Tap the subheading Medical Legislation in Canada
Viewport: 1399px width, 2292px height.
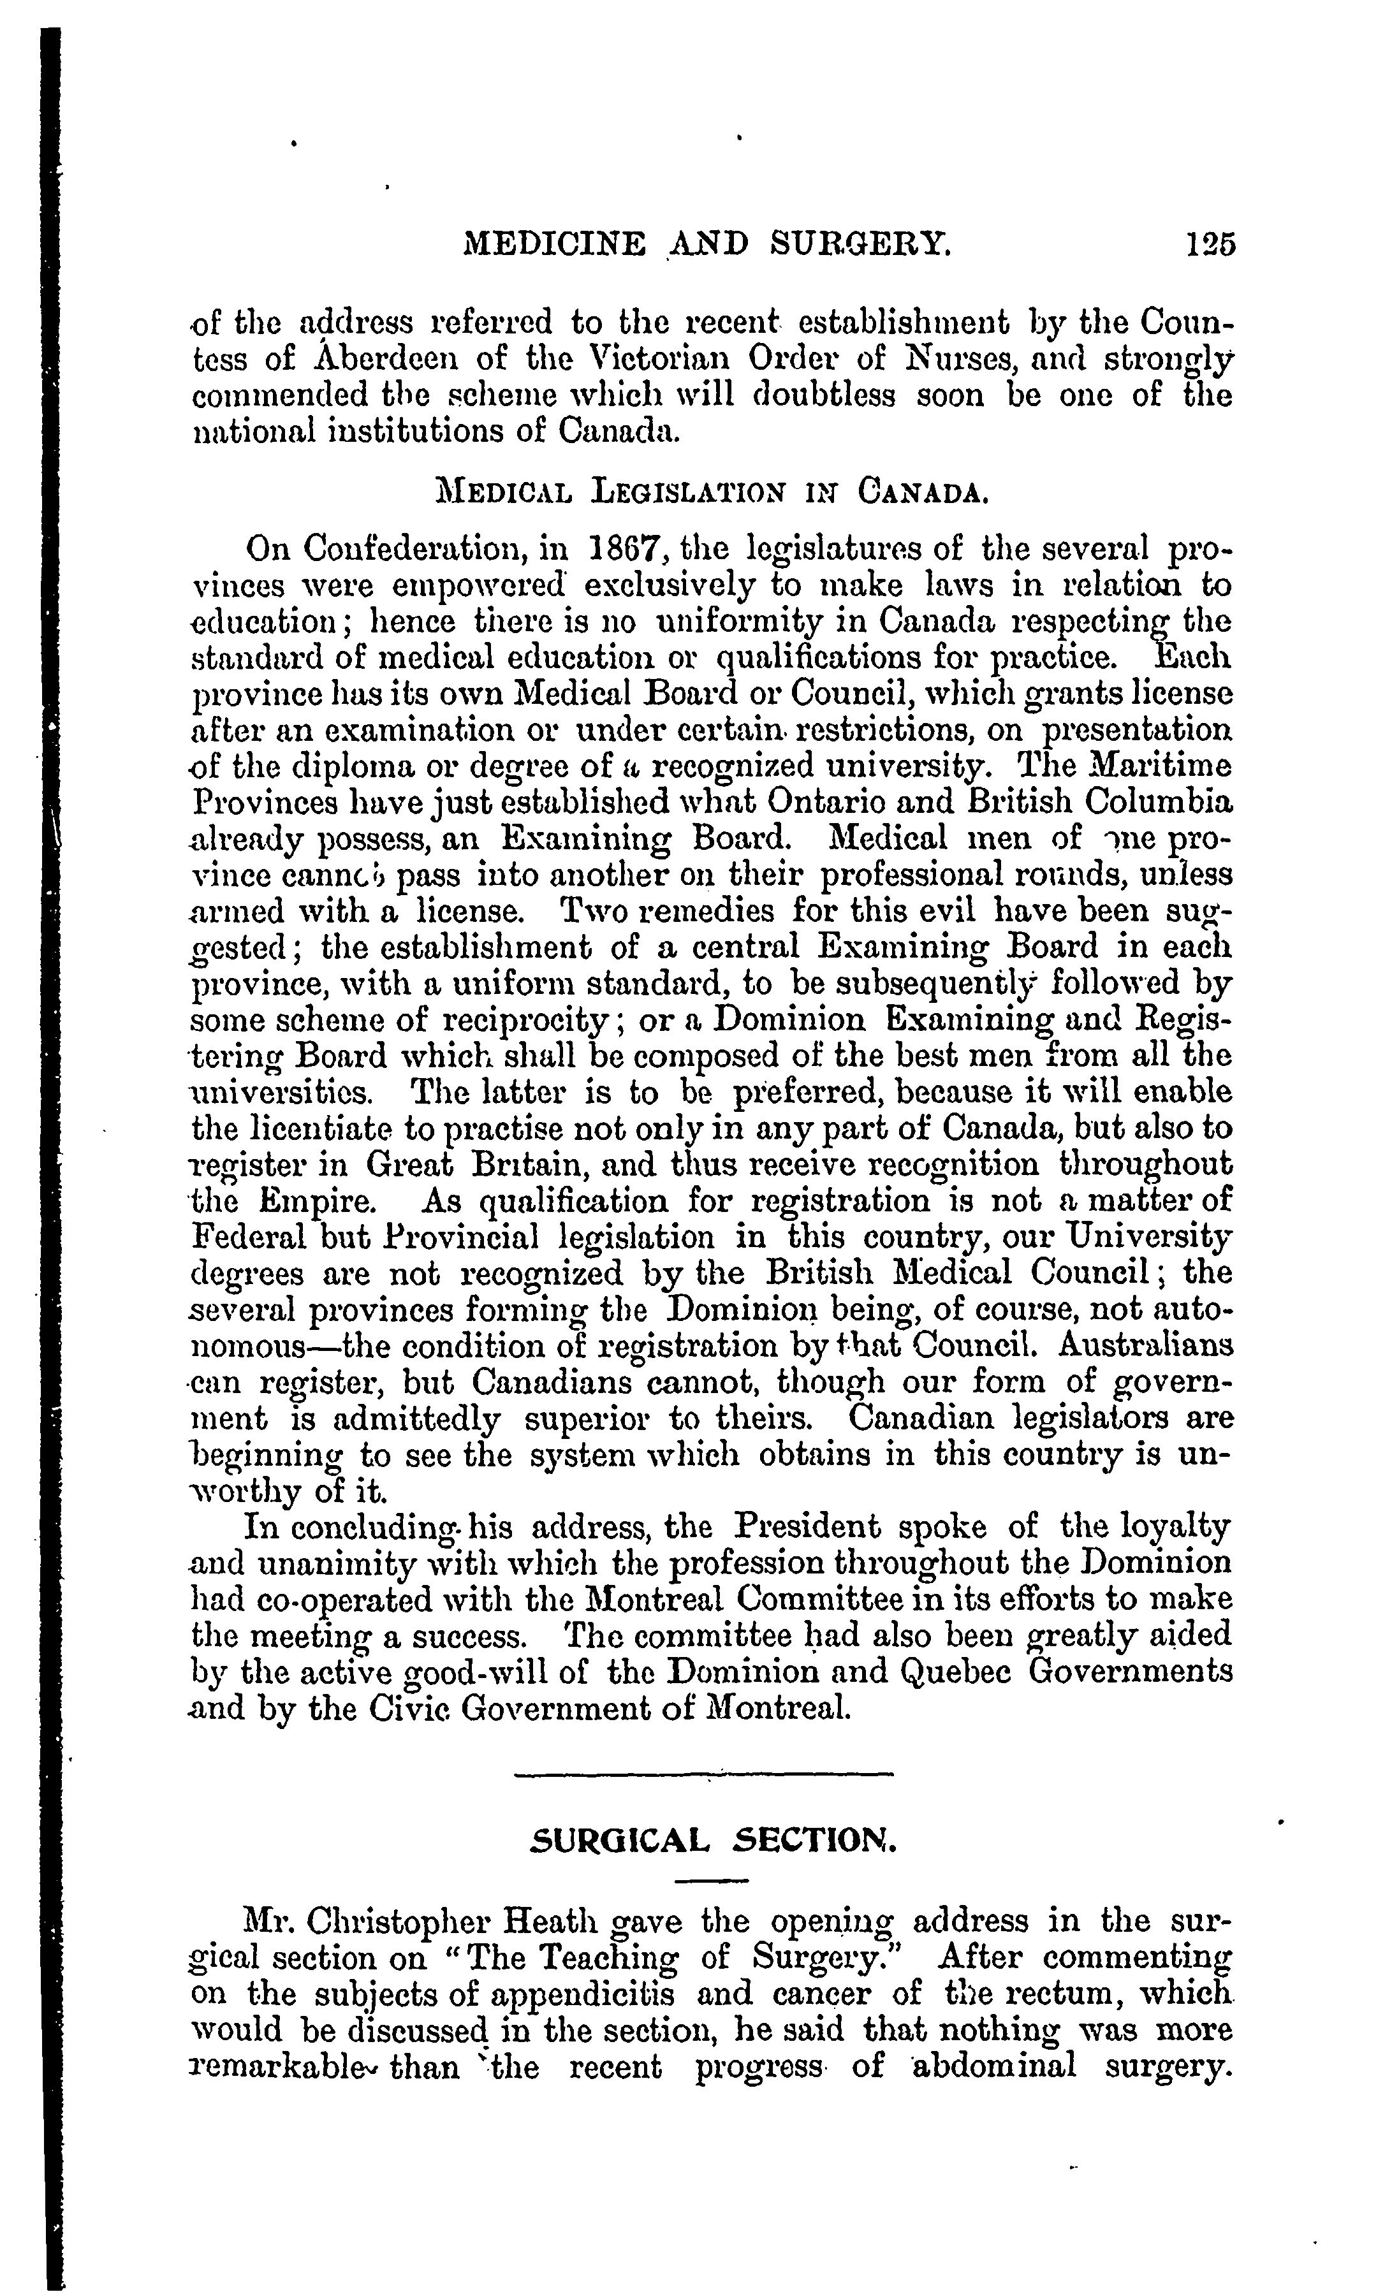point(712,492)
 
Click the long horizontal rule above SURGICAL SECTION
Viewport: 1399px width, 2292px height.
point(703,1775)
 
